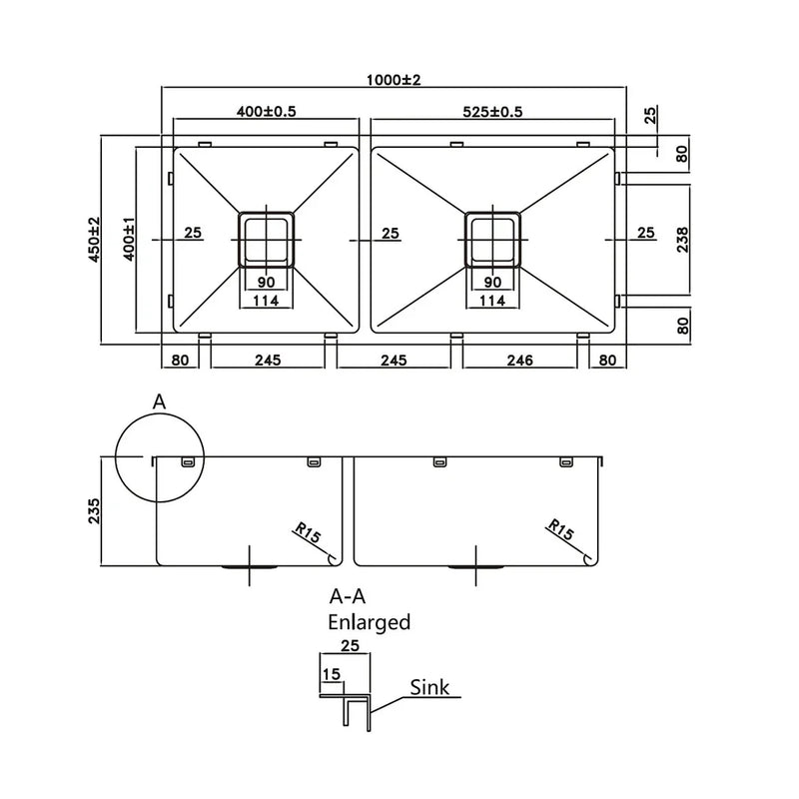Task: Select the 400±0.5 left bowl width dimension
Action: point(265,111)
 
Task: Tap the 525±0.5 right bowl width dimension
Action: point(492,111)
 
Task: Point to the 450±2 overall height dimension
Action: point(94,240)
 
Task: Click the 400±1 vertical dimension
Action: point(126,240)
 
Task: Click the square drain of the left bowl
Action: point(265,238)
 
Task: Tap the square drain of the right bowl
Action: point(492,238)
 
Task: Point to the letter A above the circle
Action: point(158,401)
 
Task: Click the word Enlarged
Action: point(370,622)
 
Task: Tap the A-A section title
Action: point(349,597)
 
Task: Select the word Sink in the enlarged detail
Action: point(429,687)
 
